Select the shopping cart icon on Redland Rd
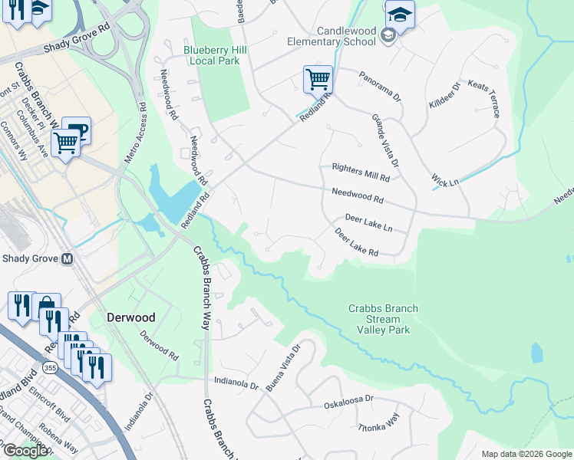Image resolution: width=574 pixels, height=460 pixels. (x=318, y=78)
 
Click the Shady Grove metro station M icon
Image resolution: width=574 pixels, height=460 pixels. (x=67, y=258)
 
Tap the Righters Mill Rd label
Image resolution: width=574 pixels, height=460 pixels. (x=361, y=177)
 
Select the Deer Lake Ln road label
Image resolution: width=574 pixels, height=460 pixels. (x=368, y=223)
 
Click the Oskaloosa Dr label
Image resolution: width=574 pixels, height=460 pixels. (x=348, y=399)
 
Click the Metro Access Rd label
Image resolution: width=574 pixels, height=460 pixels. (x=135, y=131)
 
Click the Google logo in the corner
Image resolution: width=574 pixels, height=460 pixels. (x=25, y=451)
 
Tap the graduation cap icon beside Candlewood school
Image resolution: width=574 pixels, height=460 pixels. (x=400, y=15)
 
